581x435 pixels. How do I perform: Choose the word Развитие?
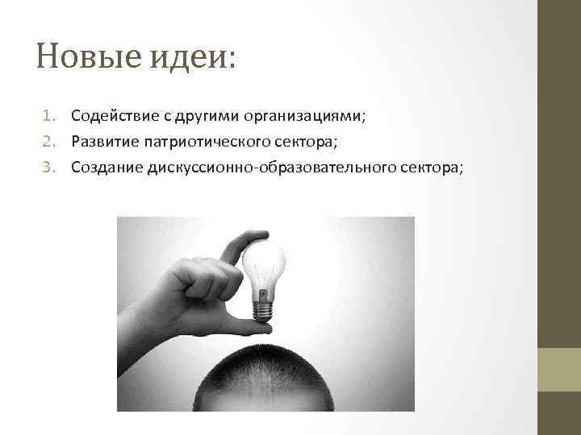[x=101, y=143]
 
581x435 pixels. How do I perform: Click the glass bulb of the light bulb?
[x=265, y=266]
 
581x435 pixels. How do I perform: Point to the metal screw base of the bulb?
[x=263, y=309]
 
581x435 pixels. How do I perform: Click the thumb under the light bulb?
[x=242, y=325]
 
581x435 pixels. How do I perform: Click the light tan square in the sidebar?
[x=559, y=370]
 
